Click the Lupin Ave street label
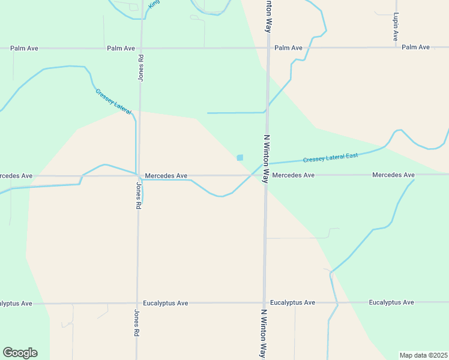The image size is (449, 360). coord(396,28)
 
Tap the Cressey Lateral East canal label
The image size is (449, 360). coord(330,157)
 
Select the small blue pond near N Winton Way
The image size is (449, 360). coord(240,158)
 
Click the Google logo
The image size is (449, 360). coord(20,353)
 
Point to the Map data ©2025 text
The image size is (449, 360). coord(423,355)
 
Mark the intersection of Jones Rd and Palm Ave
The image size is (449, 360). coord(142,48)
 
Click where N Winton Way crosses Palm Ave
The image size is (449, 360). coord(268,48)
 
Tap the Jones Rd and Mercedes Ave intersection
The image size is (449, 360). coord(139,176)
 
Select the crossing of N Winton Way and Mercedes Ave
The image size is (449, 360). coord(266,175)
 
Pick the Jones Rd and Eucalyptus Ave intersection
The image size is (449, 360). coord(137,304)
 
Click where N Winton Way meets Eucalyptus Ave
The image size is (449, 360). coord(264,303)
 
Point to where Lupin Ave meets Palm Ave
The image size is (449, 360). coord(396,47)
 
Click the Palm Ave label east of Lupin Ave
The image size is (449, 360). coord(416,47)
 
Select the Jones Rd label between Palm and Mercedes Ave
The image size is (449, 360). coord(141,67)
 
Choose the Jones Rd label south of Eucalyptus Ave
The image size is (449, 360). coord(137,323)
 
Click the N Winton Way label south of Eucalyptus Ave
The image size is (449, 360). coord(263,333)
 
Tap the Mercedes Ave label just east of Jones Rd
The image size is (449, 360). coord(166,176)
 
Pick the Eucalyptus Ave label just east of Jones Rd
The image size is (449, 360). coord(165,304)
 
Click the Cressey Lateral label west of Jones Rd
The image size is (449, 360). coord(113,101)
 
